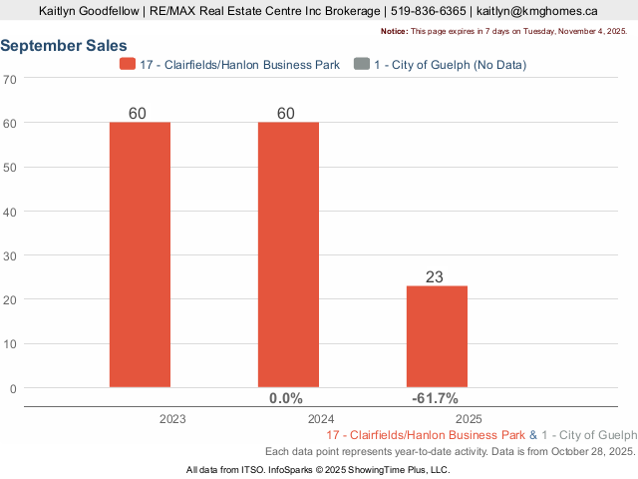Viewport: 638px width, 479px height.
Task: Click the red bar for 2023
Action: [140, 253]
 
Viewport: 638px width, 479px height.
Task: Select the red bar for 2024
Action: [288, 253]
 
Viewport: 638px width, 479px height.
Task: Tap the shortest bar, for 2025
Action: [437, 335]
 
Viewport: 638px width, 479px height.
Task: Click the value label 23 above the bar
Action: [435, 276]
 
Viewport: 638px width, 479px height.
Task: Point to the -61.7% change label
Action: [435, 398]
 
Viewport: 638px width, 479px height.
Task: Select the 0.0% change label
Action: [286, 398]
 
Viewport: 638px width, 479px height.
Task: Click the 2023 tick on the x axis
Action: [172, 419]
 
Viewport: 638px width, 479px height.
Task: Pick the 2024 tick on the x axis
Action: [321, 419]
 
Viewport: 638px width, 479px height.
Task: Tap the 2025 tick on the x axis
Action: [470, 419]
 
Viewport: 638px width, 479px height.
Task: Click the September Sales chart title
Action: [64, 46]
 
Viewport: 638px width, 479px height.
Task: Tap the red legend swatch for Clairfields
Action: [127, 65]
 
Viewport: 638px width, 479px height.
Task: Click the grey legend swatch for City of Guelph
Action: [360, 65]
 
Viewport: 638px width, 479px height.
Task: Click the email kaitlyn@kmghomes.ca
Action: [537, 11]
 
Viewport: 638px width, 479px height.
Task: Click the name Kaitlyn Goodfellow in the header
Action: [89, 11]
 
